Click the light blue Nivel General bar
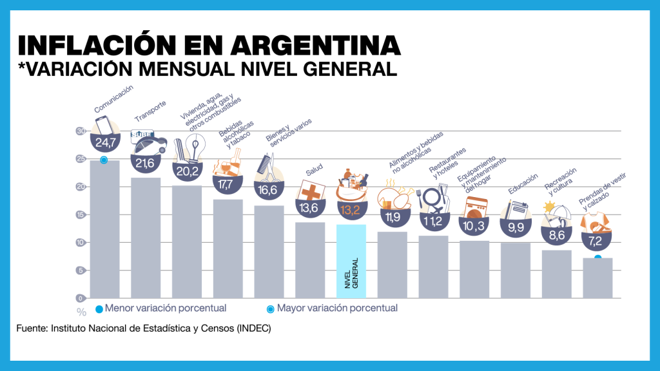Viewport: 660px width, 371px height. (351, 261)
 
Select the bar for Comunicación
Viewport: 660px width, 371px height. (104, 232)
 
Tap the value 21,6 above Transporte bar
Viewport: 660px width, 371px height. (144, 164)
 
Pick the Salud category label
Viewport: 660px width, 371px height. (315, 171)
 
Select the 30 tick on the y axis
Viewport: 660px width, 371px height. (81, 131)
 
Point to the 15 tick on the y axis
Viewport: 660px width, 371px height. (81, 215)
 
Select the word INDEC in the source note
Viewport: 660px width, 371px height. (253, 328)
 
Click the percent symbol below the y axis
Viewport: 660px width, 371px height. (81, 312)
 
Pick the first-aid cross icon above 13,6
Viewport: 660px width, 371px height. (309, 191)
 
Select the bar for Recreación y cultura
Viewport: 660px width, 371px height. (556, 274)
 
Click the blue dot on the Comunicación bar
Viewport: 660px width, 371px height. (103, 160)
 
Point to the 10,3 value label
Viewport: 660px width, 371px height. (474, 226)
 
